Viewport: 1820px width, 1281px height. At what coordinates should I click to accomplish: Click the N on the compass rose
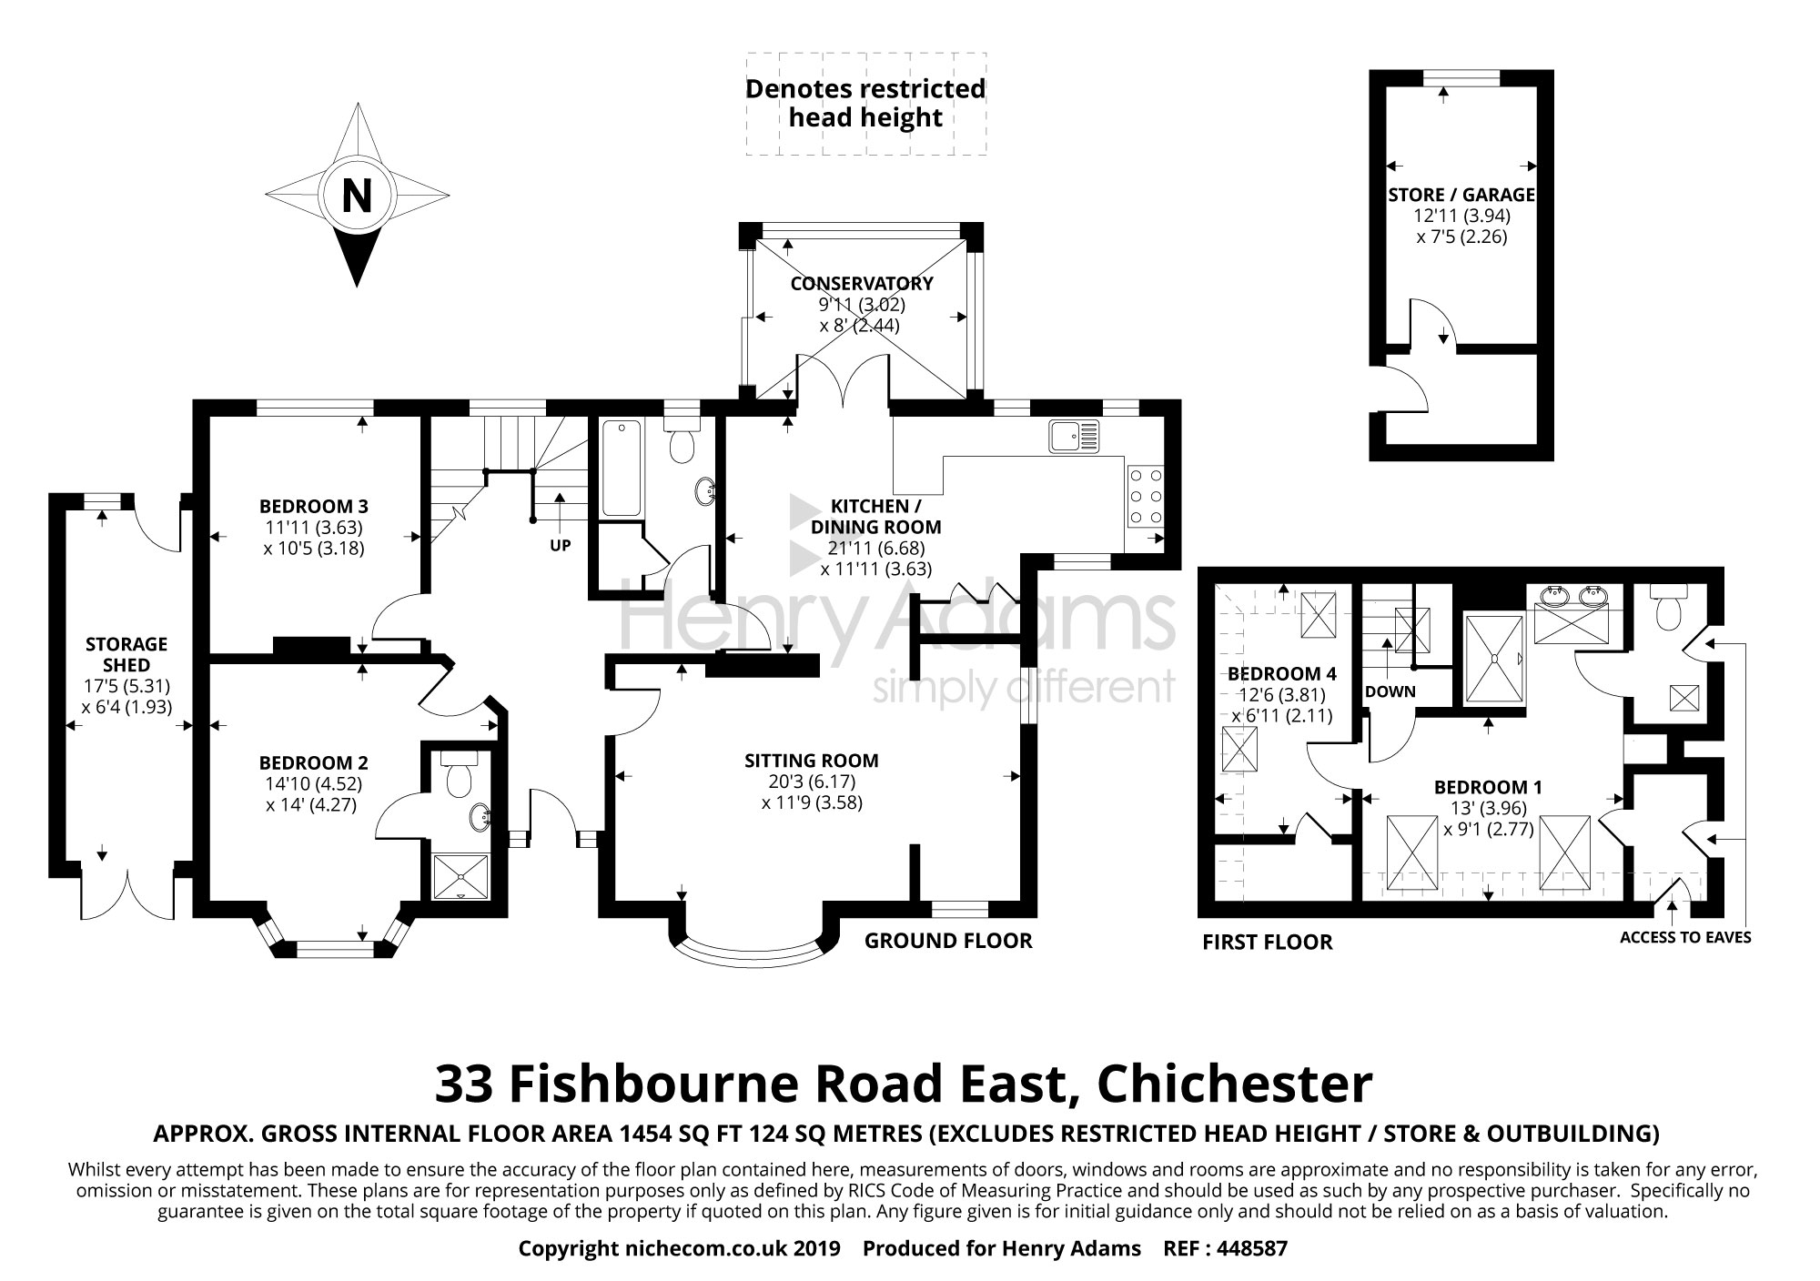pos(356,195)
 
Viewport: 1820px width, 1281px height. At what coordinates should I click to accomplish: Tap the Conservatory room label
pos(861,284)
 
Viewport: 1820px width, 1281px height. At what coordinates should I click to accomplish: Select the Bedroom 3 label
pos(313,507)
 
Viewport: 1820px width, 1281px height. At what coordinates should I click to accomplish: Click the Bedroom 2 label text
pos(313,763)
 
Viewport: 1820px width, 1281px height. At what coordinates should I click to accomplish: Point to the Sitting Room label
pos(812,761)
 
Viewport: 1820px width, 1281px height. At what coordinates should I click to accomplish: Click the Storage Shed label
pos(126,654)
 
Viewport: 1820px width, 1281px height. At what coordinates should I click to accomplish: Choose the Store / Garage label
pos(1461,195)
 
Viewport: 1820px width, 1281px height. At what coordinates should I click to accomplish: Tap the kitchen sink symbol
pos(1074,436)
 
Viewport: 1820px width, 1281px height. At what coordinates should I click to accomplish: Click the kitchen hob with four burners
pos(1146,496)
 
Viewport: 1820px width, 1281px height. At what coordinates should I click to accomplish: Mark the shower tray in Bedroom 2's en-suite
pos(460,876)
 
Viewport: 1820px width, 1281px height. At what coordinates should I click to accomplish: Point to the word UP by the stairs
pos(561,546)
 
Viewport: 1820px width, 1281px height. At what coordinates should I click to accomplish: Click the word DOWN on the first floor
pos(1390,691)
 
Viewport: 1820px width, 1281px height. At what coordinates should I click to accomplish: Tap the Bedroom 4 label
pos(1282,674)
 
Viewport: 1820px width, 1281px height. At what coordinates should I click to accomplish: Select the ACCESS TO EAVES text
pos(1685,938)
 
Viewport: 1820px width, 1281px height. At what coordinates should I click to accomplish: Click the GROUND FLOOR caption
pos(948,941)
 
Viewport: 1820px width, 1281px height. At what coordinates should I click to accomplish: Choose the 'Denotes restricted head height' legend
pos(865,103)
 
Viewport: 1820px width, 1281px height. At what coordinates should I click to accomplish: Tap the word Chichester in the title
pos(1235,1084)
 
